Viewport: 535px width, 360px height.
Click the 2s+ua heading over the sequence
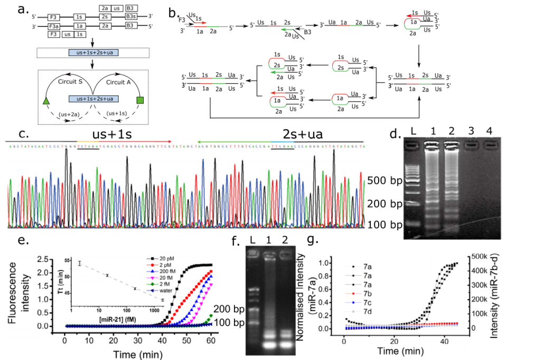[x=289, y=132]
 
